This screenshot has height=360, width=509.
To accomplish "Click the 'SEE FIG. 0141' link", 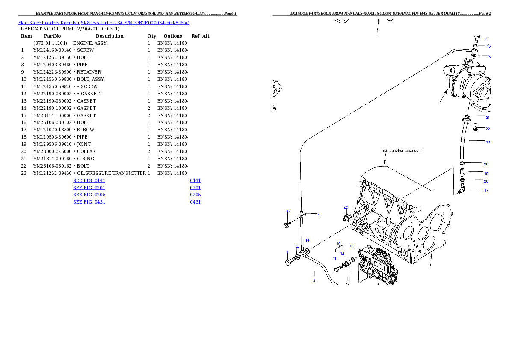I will pos(89,180).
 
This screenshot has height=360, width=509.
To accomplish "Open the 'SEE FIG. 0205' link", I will pos(89,195).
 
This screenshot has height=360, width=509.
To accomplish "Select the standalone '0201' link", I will pos(195,188).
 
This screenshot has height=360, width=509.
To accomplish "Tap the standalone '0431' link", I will pos(195,201).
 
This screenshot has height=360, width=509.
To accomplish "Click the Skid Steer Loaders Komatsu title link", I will pos(104,23).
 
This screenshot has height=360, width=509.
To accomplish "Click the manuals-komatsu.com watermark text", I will pos(401,150).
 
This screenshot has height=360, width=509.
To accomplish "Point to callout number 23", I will pos(346,207).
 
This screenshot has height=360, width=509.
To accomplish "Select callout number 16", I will pos(287,211).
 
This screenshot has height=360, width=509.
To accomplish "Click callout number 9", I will pos(319,215).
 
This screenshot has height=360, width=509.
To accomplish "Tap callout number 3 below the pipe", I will pos(314,280).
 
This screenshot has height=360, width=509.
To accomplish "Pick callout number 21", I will pos(487,117).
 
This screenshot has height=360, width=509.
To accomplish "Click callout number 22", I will pos(487,129).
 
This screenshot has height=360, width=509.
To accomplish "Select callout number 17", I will pos(486,191).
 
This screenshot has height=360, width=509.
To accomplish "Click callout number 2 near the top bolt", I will pos(485,39).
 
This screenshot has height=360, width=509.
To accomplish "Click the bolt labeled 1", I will pos(289,262).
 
